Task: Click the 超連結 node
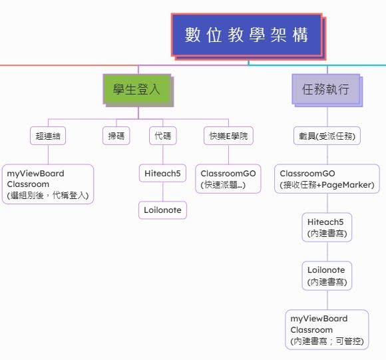point(48,136)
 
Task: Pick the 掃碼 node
point(116,136)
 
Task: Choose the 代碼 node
point(163,136)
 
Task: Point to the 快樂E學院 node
point(228,136)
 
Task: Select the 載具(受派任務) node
point(327,136)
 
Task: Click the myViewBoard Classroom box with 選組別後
point(48,184)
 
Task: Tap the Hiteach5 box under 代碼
point(162,173)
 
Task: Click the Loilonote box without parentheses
point(162,210)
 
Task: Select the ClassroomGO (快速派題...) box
point(228,178)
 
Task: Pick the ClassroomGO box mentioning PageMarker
point(327,178)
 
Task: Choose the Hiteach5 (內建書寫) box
point(327,227)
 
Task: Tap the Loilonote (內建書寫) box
point(327,275)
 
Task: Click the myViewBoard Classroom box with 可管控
point(327,329)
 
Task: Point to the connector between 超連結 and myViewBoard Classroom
point(48,154)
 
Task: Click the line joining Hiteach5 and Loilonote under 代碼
point(163,192)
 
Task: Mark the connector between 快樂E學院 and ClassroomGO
point(228,154)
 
